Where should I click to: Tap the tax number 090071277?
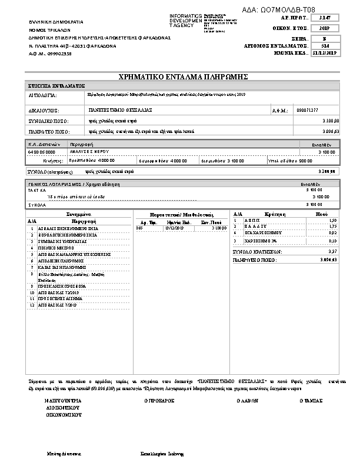308,109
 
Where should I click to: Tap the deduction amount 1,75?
332,227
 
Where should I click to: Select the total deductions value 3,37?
332,251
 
